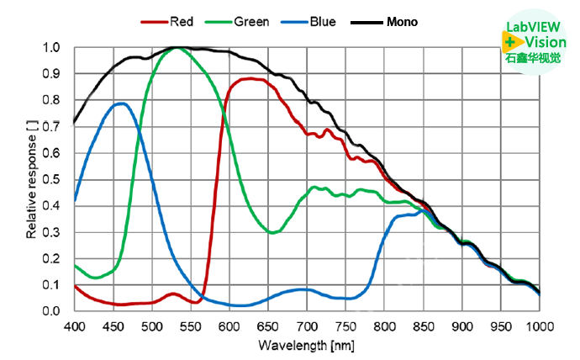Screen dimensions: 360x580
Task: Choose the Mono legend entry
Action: pyautogui.click(x=402, y=21)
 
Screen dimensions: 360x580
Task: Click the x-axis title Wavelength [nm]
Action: pyautogui.click(x=307, y=346)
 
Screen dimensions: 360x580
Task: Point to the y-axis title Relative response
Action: pyautogui.click(x=31, y=179)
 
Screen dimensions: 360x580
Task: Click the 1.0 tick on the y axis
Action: pyautogui.click(x=52, y=48)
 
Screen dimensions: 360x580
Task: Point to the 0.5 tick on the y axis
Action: pyautogui.click(x=52, y=179)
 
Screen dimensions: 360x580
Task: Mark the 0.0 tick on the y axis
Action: pyautogui.click(x=52, y=311)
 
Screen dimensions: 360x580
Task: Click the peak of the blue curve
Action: pyautogui.click(x=121, y=103)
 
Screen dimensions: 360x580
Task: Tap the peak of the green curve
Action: pyautogui.click(x=177, y=48)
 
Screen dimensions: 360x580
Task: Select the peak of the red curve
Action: pyautogui.click(x=250, y=79)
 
